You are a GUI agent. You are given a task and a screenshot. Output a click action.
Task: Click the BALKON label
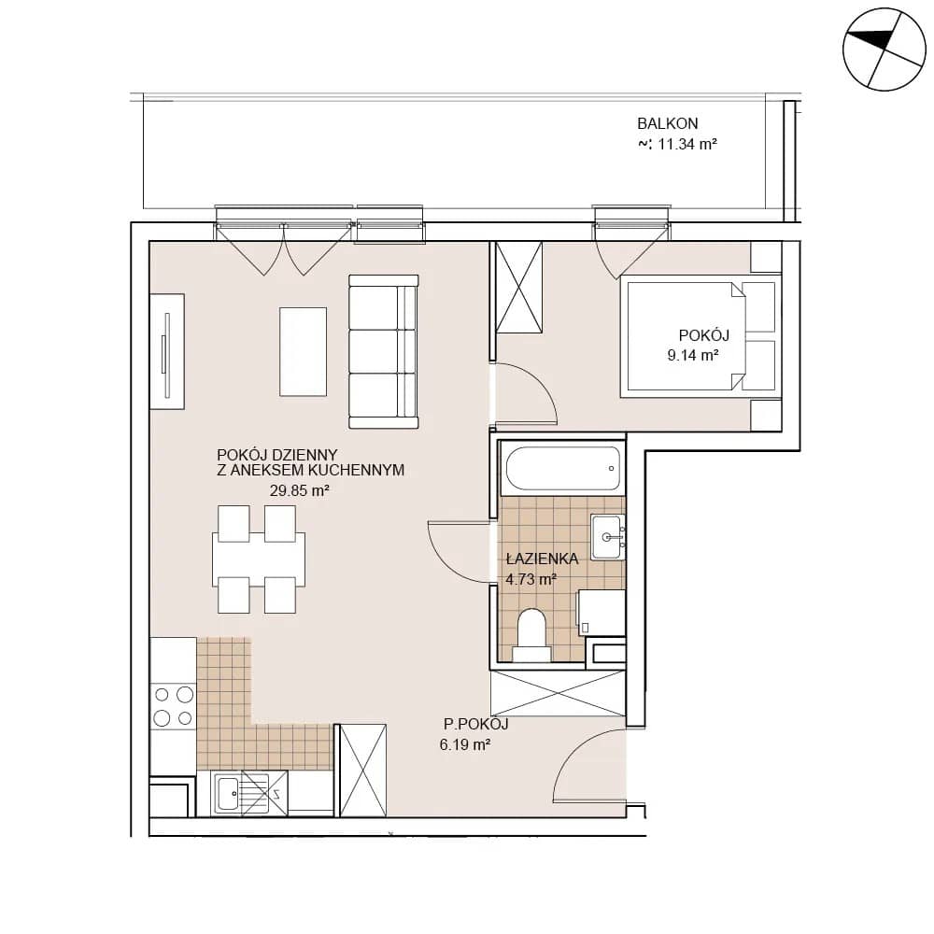(667, 123)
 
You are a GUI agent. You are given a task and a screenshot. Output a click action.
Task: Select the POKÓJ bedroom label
(704, 334)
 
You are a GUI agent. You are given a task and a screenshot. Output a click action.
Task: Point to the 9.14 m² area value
(693, 356)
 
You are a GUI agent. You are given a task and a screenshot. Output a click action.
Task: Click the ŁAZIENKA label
(542, 559)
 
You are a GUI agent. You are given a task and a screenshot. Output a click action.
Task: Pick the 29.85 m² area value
(300, 491)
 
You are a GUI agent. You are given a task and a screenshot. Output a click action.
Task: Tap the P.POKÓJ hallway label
(475, 725)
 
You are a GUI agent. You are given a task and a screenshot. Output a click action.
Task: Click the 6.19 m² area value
(465, 744)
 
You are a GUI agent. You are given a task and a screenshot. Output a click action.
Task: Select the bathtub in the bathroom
(563, 468)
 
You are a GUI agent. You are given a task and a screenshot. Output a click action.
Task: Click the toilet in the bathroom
(532, 635)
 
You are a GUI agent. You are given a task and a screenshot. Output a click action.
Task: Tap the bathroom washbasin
(608, 537)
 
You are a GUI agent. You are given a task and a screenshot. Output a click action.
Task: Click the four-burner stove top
(174, 706)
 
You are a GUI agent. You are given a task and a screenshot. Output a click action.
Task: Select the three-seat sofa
(384, 352)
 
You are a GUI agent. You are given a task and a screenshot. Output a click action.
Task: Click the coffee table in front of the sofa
(304, 351)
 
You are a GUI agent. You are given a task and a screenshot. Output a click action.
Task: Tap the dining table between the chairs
(259, 559)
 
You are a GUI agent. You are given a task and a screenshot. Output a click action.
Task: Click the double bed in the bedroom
(700, 336)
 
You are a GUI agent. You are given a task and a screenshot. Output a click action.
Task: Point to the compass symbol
(884, 50)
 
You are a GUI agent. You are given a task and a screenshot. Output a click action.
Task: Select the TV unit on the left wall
(167, 351)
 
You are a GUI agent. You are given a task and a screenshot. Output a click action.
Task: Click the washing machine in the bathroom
(601, 613)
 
